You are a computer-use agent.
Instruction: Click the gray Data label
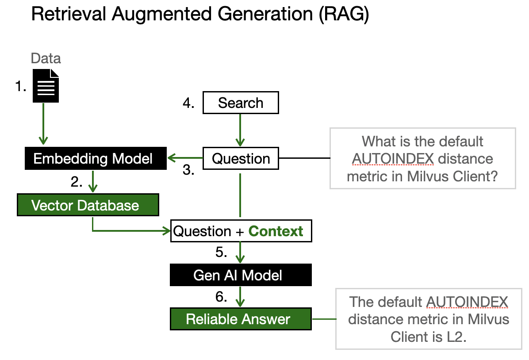[x=46, y=58]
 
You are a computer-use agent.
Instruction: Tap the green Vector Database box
[x=88, y=205]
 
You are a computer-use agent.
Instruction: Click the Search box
[x=241, y=103]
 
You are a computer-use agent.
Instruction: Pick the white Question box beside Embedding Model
[x=241, y=159]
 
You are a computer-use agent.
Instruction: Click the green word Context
[x=276, y=231]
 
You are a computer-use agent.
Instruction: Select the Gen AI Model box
[x=241, y=275]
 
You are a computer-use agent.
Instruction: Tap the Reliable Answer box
[x=241, y=319]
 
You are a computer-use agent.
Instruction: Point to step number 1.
[x=20, y=86]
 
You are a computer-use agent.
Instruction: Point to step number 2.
[x=77, y=182]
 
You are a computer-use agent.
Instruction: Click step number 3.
[x=189, y=170]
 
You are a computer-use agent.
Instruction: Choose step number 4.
[x=189, y=103]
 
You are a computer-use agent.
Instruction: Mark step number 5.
[x=221, y=252]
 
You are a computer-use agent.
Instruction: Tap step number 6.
[x=221, y=296]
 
